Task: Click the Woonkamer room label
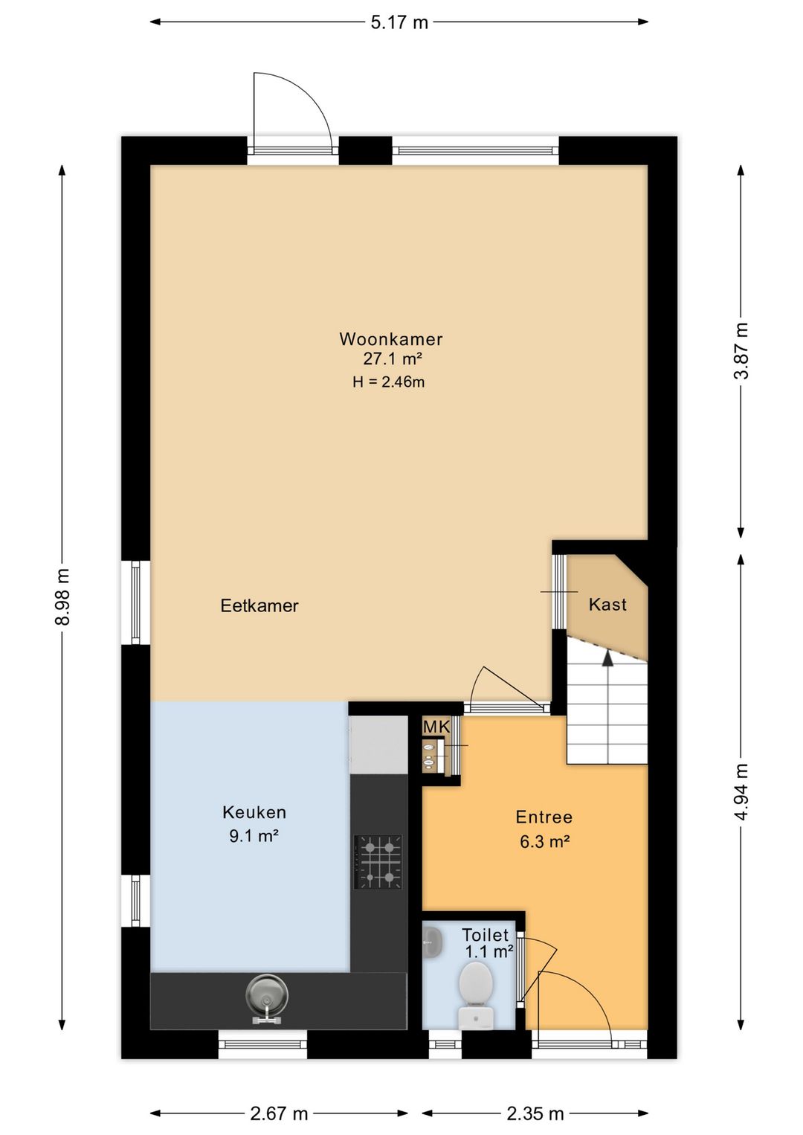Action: point(390,339)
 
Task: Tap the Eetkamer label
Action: point(259,605)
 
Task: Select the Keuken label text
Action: point(254,812)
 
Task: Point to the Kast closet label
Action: point(607,605)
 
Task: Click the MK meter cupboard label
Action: point(436,727)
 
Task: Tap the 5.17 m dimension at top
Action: point(399,22)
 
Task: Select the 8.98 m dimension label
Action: point(62,597)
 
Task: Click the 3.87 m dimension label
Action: point(742,350)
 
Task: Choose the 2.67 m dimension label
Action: point(279,1113)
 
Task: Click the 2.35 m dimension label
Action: point(535,1113)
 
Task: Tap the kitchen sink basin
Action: point(266,1001)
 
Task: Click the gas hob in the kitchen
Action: point(379,861)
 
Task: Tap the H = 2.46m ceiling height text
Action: point(389,382)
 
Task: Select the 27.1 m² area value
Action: point(393,358)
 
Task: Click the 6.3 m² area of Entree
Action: point(544,842)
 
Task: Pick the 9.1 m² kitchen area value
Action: point(254,835)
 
